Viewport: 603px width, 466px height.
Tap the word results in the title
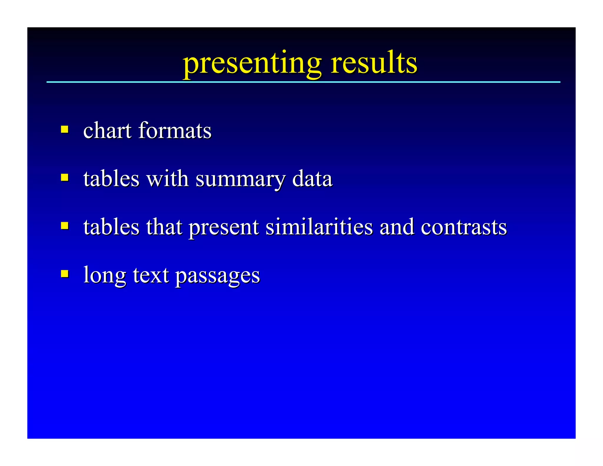pyautogui.click(x=373, y=63)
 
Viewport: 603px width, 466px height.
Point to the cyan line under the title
pyautogui.click(x=303, y=82)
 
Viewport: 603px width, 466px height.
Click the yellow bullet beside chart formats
pyautogui.click(x=65, y=129)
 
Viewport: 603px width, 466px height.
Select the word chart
pyautogui.click(x=107, y=130)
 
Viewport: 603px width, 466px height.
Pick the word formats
pyautogui.click(x=175, y=130)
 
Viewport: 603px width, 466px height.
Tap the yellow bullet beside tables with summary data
pyautogui.click(x=65, y=177)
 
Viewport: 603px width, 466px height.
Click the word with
pyautogui.click(x=168, y=179)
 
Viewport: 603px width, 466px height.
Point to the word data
pyautogui.click(x=312, y=179)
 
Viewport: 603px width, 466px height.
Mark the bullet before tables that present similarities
pyautogui.click(x=65, y=226)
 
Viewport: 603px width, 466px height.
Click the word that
pyautogui.click(x=164, y=227)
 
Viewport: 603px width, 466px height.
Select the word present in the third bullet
pyautogui.click(x=224, y=228)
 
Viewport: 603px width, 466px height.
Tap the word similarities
pyautogui.click(x=319, y=227)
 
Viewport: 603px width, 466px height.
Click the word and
pyautogui.click(x=397, y=227)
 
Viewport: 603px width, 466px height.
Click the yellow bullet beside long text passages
pyautogui.click(x=65, y=274)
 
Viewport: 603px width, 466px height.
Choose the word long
pyautogui.click(x=105, y=276)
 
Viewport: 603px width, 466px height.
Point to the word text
pyautogui.click(x=151, y=275)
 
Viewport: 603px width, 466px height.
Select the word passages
pyautogui.click(x=218, y=276)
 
